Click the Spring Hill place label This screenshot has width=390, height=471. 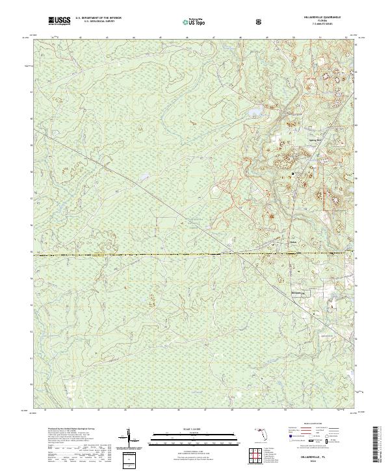point(296,140)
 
